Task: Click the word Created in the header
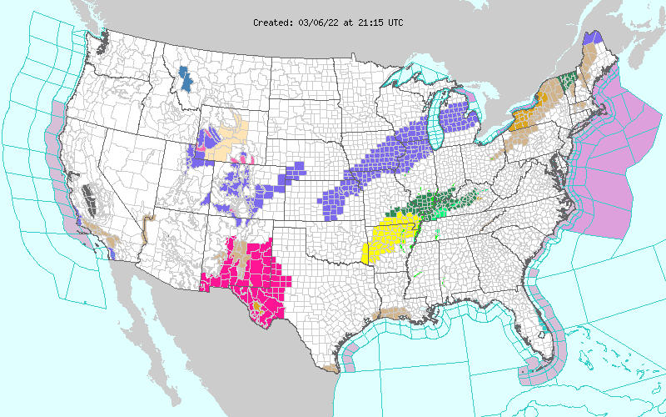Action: [x=272, y=23]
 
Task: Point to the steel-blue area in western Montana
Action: [x=184, y=78]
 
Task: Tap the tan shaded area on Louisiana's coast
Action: [x=391, y=314]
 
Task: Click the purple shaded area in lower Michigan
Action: [x=458, y=117]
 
